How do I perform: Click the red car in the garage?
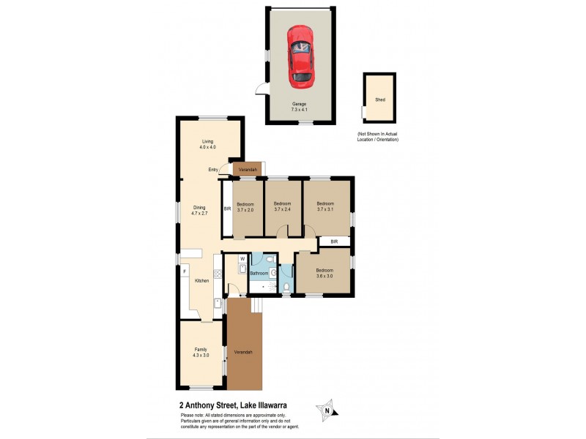pyautogui.click(x=300, y=55)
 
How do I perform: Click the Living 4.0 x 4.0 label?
pyautogui.click(x=207, y=144)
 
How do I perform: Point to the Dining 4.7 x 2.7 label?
pyautogui.click(x=199, y=210)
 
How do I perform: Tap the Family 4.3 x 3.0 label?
pyautogui.click(x=201, y=352)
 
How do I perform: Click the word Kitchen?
pyautogui.click(x=202, y=280)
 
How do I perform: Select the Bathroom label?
pyautogui.click(x=259, y=274)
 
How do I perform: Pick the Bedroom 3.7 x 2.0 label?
pyautogui.click(x=245, y=207)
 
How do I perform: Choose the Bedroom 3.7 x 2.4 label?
pyautogui.click(x=283, y=206)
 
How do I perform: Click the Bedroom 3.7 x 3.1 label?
pyautogui.click(x=324, y=206)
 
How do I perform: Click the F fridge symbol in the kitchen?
pyautogui.click(x=185, y=272)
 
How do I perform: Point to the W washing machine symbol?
pyautogui.click(x=242, y=259)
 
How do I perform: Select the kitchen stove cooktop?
pyautogui.click(x=218, y=303)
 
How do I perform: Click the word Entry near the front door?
pyautogui.click(x=213, y=170)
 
